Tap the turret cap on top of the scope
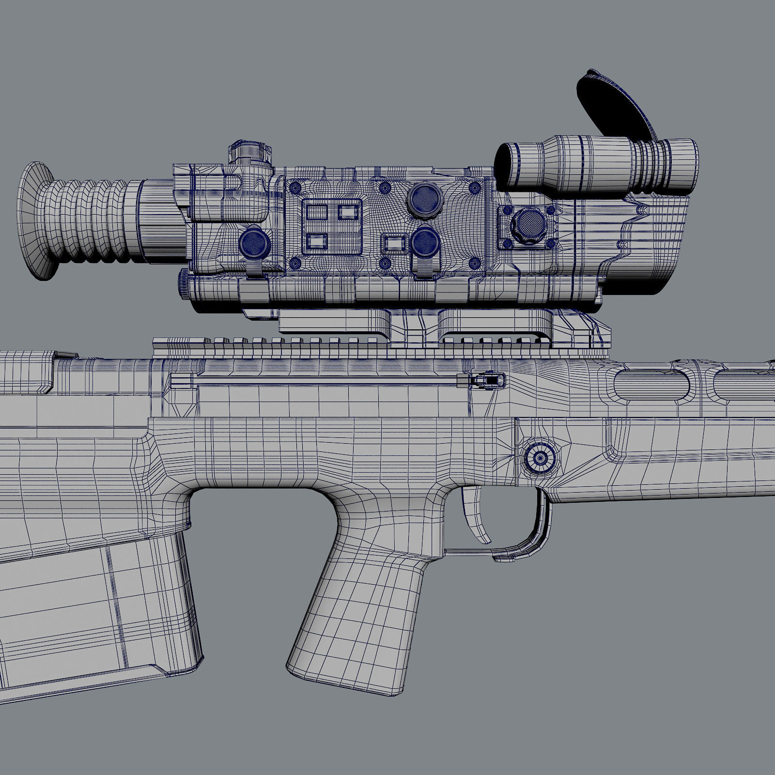[250, 153]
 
